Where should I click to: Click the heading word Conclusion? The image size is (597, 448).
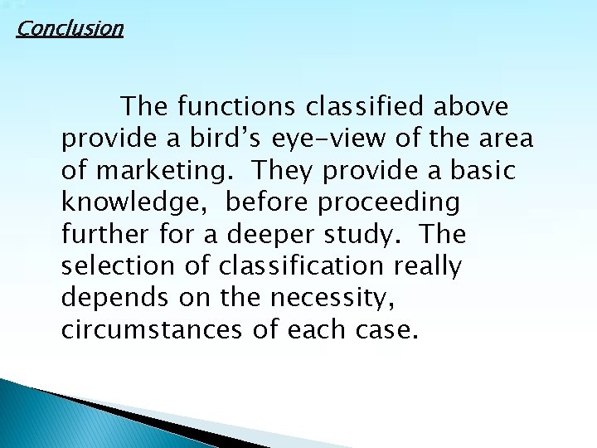click(70, 29)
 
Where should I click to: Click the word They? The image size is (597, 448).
click(284, 171)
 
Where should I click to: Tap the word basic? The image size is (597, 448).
click(482, 171)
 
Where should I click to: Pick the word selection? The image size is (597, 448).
click(116, 267)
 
